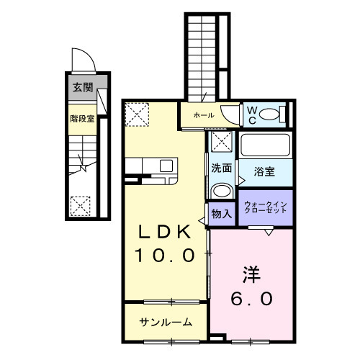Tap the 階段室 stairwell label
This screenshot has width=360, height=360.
82,118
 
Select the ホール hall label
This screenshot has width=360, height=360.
202,114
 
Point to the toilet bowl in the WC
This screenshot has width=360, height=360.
269,114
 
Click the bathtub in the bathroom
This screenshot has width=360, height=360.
264,145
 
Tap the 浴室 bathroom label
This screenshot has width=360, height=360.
264,171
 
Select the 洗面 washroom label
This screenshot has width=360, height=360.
221,168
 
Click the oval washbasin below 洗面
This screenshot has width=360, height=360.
221,190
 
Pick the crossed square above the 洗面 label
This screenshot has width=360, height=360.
221,142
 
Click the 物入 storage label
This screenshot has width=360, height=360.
221,213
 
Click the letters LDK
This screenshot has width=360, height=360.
165,233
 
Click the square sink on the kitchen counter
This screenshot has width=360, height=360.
166,166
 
